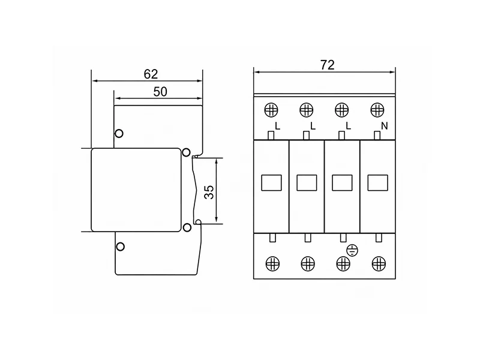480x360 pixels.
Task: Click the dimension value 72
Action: (x=327, y=65)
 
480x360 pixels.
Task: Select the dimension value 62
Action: (x=151, y=74)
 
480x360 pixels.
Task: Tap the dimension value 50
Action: (x=160, y=92)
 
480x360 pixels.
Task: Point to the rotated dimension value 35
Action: (x=209, y=192)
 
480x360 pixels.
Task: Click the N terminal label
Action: (x=385, y=126)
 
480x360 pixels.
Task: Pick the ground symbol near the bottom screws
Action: (x=352, y=251)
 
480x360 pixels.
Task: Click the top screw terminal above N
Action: (x=377, y=110)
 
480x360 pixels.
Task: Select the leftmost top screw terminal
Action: (x=271, y=110)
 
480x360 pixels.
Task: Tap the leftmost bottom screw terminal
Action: (x=272, y=263)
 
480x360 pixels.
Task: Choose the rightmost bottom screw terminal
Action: (x=379, y=263)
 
